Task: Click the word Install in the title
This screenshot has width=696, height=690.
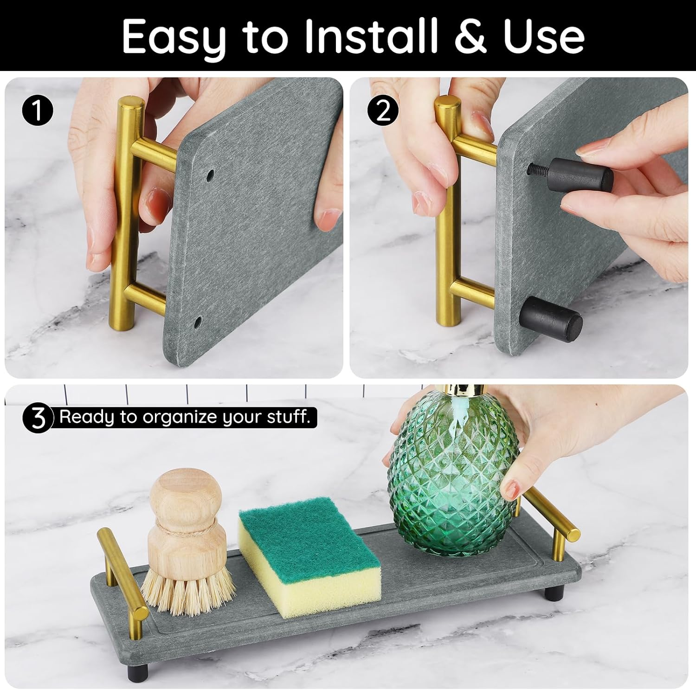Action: click(x=371, y=36)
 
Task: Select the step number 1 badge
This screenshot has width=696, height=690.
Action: click(x=38, y=112)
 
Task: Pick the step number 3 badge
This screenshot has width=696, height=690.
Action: click(x=38, y=418)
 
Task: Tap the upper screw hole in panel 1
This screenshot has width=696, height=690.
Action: click(x=210, y=175)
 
